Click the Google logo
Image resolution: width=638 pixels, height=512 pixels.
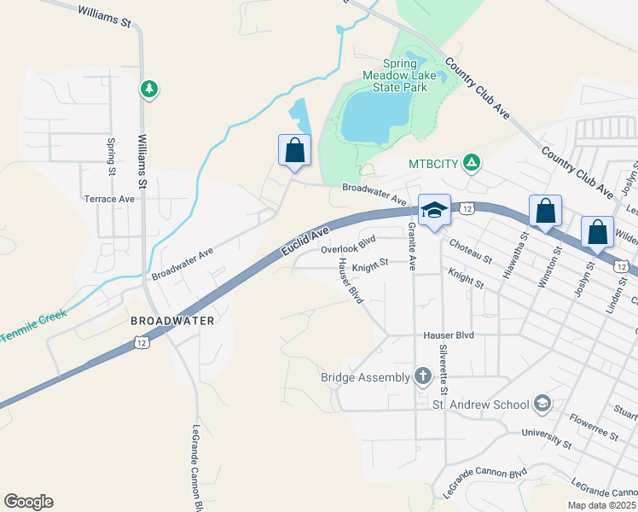coord(28,502)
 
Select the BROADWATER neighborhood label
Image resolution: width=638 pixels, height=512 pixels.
coord(171,321)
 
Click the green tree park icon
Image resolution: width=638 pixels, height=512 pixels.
coord(149,88)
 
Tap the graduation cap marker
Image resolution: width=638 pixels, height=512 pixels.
coord(433,210)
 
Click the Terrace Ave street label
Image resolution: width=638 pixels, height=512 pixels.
coord(109,199)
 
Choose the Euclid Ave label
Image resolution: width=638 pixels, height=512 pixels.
coord(305,242)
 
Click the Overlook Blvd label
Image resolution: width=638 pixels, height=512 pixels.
coord(348,249)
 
